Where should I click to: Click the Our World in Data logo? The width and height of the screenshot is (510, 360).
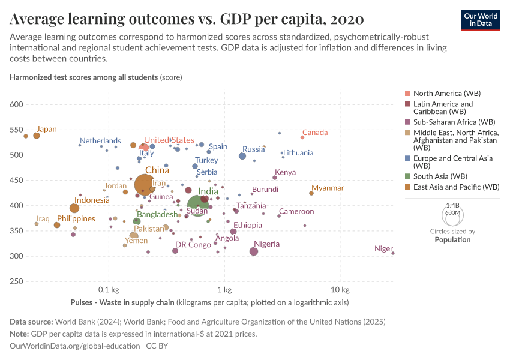482,20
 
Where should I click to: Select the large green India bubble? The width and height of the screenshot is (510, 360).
198,205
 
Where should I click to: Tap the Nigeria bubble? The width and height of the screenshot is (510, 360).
254,251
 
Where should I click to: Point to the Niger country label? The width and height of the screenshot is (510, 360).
383,248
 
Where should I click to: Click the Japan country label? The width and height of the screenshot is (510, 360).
46,129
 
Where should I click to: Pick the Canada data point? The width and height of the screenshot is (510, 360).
302,137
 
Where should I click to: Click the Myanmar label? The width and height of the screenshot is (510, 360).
328,188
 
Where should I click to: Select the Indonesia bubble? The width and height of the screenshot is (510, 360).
74,208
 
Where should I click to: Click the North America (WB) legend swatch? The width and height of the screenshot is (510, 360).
408,94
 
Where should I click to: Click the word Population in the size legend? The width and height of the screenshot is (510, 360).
452,239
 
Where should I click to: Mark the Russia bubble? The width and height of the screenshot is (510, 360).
242,156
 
